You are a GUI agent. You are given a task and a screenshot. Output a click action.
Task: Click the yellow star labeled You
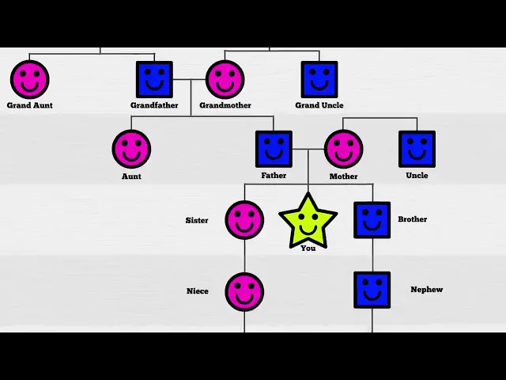(308, 221)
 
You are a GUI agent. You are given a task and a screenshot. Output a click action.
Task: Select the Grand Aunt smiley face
(29, 79)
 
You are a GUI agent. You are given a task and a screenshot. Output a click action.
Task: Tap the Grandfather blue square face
(154, 79)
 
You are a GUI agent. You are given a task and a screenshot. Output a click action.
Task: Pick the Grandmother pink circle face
(225, 79)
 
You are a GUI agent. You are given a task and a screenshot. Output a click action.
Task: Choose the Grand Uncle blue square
(319, 79)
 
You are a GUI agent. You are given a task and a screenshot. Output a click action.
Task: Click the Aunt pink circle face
(131, 149)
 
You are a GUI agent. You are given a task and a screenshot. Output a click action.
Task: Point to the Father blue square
(274, 149)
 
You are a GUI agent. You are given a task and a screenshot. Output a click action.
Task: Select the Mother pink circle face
(343, 149)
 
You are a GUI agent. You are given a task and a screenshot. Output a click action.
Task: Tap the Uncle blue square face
(417, 149)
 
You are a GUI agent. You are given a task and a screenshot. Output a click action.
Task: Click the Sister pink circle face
(244, 220)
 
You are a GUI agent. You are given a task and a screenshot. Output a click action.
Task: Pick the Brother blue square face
(372, 220)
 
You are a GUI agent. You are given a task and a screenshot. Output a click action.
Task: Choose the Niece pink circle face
(244, 291)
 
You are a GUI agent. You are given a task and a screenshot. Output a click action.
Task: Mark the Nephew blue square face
(372, 291)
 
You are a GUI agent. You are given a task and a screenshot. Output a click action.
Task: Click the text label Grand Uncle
(319, 105)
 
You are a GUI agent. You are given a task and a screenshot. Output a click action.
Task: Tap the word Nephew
(426, 290)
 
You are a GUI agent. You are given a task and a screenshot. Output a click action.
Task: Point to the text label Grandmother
(225, 105)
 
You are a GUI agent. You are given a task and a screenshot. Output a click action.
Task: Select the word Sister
(197, 220)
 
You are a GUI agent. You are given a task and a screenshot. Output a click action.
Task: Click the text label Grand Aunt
(30, 105)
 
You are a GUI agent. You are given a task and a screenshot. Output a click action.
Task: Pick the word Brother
(412, 219)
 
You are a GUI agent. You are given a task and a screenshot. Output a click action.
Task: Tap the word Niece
(198, 291)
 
